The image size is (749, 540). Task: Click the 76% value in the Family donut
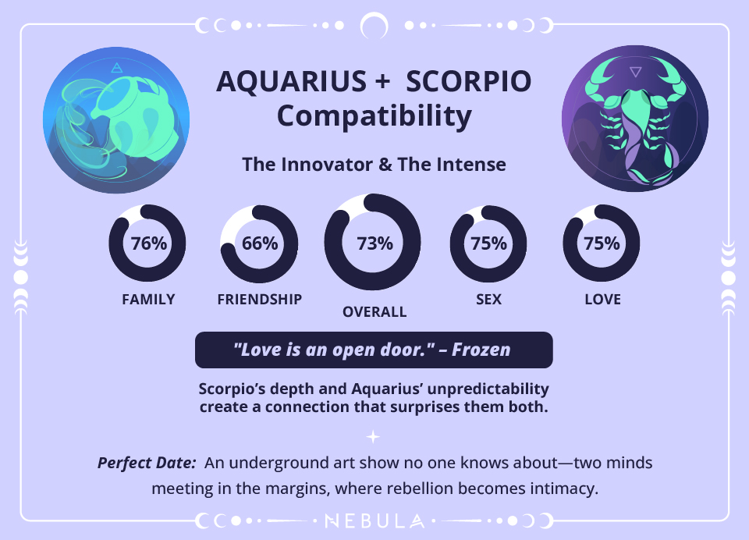point(148,243)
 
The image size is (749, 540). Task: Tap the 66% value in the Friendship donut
point(260,243)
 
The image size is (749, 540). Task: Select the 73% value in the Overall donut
point(374,243)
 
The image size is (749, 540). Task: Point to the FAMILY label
point(148,300)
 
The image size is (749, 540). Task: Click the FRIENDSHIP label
point(260,300)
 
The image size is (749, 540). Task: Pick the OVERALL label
point(374,312)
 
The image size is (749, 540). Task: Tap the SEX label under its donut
point(489,300)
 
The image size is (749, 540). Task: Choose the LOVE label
point(602,300)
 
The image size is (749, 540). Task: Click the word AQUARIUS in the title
point(292,81)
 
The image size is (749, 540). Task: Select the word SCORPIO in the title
point(469,81)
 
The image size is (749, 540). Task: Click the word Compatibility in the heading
point(374,117)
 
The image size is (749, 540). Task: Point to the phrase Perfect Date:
point(147,463)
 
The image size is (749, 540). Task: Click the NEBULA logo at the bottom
point(374,520)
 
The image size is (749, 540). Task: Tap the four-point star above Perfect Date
point(374,437)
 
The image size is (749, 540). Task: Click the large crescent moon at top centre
point(374,26)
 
